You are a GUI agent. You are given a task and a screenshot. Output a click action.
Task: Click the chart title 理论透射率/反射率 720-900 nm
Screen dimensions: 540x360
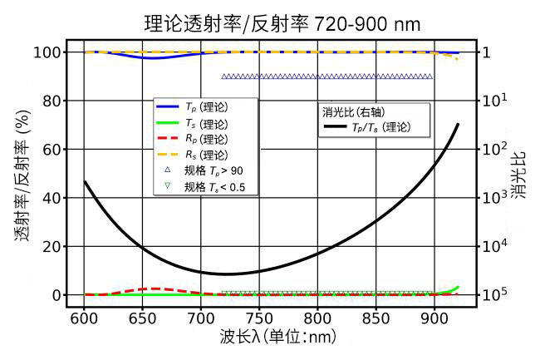pyautogui.click(x=282, y=24)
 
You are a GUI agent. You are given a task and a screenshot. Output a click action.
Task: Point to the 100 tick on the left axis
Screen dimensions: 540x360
pyautogui.click(x=47, y=52)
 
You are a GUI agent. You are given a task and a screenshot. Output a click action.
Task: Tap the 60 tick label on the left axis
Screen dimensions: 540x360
pyautogui.click(x=52, y=150)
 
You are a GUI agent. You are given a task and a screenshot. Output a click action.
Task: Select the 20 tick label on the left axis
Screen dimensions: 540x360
pyautogui.click(x=52, y=247)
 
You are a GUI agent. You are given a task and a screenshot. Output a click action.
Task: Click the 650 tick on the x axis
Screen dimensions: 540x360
pyautogui.click(x=142, y=318)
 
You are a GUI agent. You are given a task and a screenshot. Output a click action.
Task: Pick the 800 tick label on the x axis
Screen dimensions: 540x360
pyautogui.click(x=317, y=318)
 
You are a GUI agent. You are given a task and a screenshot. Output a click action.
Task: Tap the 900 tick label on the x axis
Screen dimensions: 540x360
pyautogui.click(x=434, y=318)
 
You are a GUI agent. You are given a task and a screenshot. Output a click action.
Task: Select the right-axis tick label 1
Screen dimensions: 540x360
pyautogui.click(x=486, y=52)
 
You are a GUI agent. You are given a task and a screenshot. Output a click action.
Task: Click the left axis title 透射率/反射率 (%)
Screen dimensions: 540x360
pyautogui.click(x=22, y=175)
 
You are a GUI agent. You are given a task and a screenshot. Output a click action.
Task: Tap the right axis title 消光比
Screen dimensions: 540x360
pyautogui.click(x=518, y=175)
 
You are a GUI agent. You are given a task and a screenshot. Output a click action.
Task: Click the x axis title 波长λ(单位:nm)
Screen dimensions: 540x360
pyautogui.click(x=278, y=337)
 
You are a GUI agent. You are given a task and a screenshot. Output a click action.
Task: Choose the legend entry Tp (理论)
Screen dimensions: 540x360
pyautogui.click(x=192, y=107)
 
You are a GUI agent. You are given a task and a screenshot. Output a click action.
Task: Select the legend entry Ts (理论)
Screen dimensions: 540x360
pyautogui.click(x=192, y=123)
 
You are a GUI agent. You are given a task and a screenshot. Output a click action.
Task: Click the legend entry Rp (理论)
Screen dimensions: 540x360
pyautogui.click(x=192, y=139)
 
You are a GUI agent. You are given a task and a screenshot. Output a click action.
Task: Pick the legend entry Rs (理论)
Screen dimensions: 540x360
pyautogui.click(x=192, y=155)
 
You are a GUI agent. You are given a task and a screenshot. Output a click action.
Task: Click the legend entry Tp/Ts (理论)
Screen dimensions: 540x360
pyautogui.click(x=367, y=127)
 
